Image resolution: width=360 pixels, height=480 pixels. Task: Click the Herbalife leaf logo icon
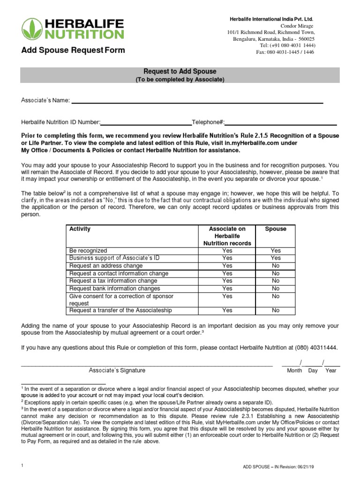32,29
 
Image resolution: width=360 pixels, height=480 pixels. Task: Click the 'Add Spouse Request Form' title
73,51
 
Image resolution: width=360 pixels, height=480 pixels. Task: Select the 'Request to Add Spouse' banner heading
180,72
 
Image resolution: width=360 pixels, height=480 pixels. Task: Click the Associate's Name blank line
197,102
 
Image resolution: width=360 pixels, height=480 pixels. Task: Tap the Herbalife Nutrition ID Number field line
146,124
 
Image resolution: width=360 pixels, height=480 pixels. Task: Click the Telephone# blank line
281,124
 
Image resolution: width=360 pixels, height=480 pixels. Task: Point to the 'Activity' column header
80,229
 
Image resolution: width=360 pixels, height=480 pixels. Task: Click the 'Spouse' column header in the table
276,229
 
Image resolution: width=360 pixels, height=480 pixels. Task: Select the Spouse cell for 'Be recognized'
276,251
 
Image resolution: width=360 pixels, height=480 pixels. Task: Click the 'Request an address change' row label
106,266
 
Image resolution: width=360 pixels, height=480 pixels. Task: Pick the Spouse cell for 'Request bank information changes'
276,289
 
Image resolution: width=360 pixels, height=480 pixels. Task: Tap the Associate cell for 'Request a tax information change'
227,281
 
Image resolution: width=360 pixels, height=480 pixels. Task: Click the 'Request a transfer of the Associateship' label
120,310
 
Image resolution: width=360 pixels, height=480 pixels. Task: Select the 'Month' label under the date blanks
294,371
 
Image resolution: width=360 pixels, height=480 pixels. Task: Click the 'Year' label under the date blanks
331,371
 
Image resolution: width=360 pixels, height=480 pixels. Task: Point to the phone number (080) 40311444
315,347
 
